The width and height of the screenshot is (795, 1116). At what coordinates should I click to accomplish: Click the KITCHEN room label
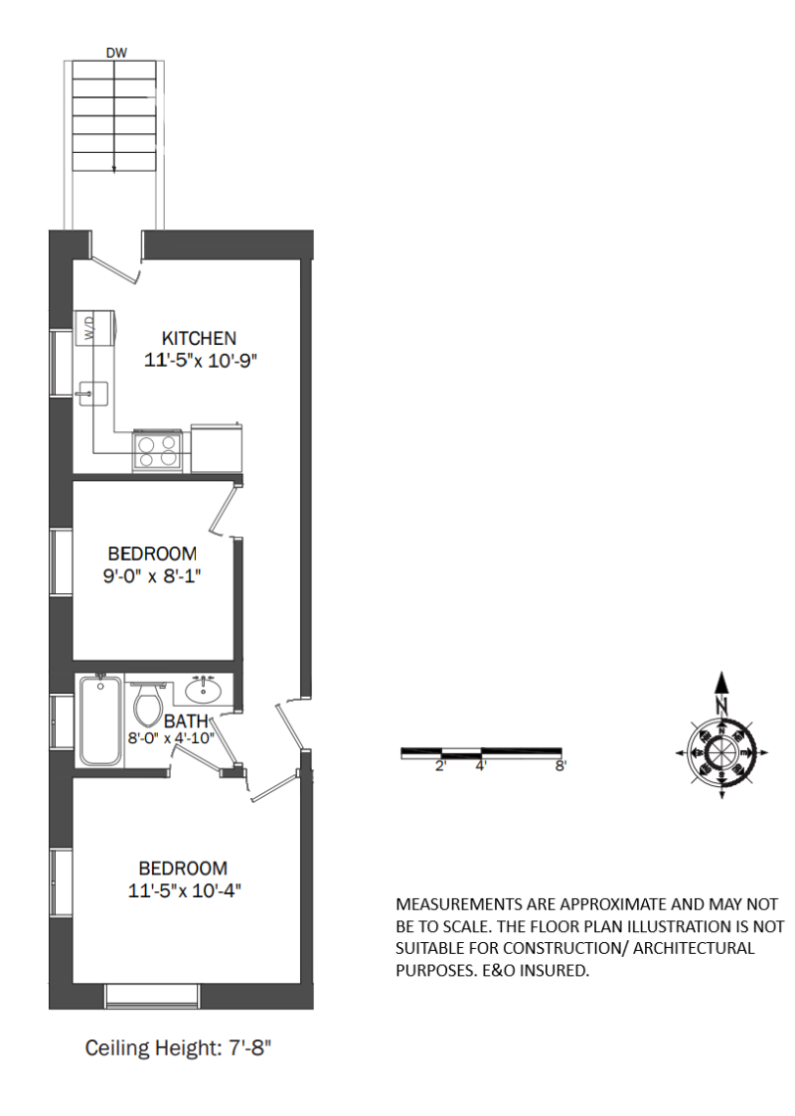pos(200,338)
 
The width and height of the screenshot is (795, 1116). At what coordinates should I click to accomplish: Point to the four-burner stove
pos(158,451)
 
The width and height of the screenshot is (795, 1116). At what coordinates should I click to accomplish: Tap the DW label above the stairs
pos(116,53)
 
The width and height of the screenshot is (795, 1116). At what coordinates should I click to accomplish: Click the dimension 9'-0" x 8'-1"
pos(153,575)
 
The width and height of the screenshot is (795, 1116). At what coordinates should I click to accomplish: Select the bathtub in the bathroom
pos(100,720)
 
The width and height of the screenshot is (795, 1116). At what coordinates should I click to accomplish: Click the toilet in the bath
pos(147,705)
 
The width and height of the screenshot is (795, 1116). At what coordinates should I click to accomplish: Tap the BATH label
pos(186,721)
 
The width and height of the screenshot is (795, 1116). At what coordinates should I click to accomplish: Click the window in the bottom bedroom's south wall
pos(152,995)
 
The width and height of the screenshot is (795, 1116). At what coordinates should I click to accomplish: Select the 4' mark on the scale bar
pos(480,766)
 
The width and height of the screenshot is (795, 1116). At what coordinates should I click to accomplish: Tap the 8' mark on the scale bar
pos(559,766)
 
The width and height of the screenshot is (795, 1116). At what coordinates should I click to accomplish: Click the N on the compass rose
pos(722,706)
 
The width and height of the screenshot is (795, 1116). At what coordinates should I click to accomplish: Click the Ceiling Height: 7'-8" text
pos(178,1047)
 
